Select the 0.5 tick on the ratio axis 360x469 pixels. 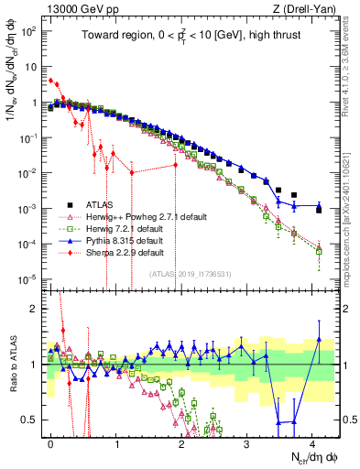click(x=31, y=420)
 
